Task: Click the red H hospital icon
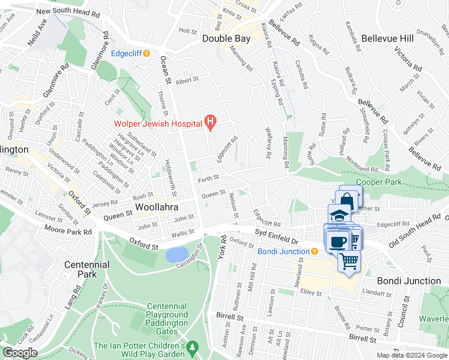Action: (x=210, y=123)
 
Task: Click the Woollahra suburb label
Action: (x=157, y=207)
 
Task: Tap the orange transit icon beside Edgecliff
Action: (x=146, y=53)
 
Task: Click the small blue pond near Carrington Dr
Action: (x=176, y=255)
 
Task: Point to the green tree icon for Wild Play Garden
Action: (x=192, y=347)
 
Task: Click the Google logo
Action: (x=20, y=353)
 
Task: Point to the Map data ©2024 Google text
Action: (x=411, y=355)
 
